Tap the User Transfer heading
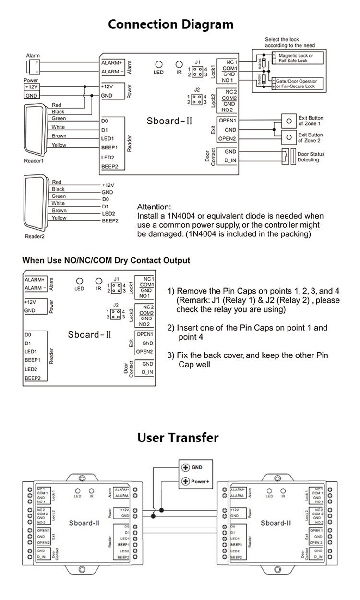pyautogui.click(x=178, y=438)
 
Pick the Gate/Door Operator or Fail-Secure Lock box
pyautogui.click(x=297, y=84)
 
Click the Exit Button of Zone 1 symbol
pyautogui.click(x=288, y=121)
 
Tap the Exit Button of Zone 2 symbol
pyautogui.click(x=288, y=138)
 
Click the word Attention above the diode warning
pyautogui.click(x=154, y=207)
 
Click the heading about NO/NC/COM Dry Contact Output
pyautogui.click(x=106, y=260)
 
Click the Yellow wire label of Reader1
pyautogui.click(x=59, y=145)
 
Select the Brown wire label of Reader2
pyautogui.click(x=59, y=210)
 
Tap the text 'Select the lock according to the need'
pyautogui.click(x=289, y=42)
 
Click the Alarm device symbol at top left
pyautogui.click(x=33, y=67)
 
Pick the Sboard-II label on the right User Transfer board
pyautogui.click(x=276, y=523)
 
